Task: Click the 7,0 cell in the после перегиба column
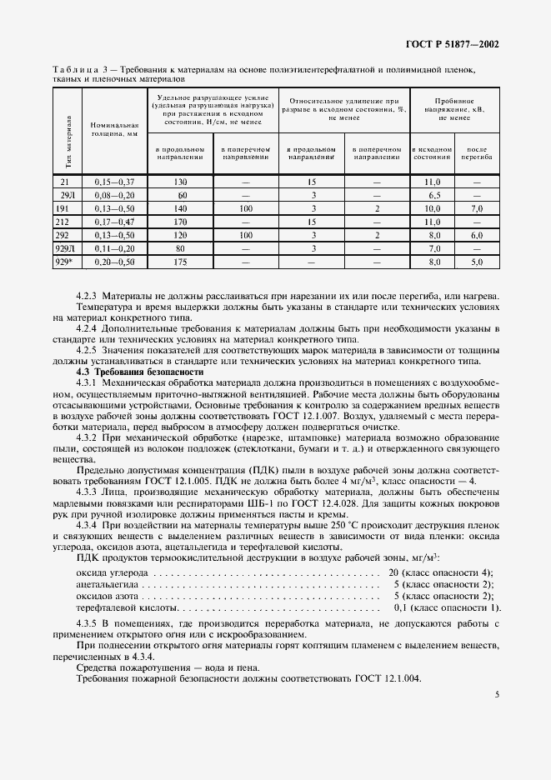(477, 207)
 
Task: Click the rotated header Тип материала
(66, 142)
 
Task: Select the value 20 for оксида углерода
(393, 572)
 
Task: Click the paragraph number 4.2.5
(91, 350)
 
